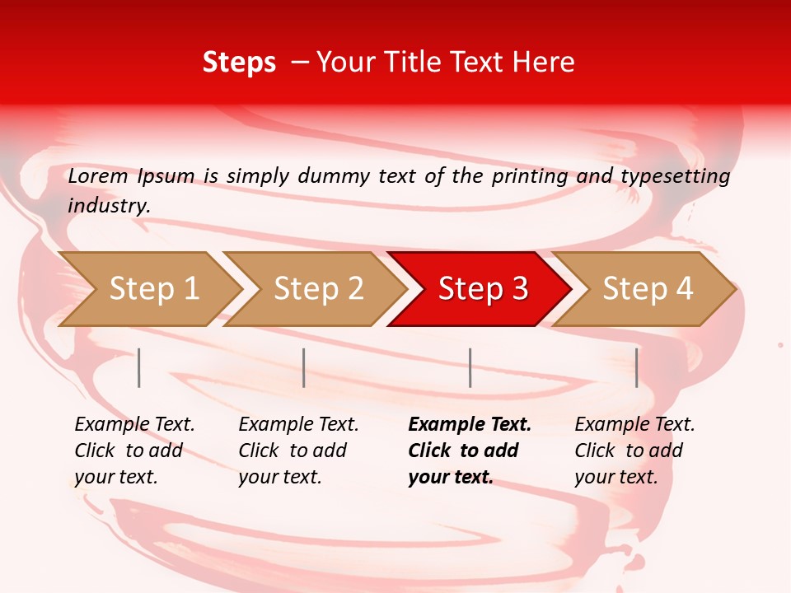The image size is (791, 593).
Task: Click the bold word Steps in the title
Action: (x=239, y=63)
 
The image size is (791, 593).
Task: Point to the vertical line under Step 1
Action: (x=139, y=367)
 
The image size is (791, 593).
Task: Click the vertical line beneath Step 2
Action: (x=304, y=367)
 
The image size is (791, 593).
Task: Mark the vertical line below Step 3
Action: (x=470, y=367)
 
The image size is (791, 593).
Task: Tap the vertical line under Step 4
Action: (x=637, y=367)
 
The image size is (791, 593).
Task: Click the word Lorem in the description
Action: (x=98, y=176)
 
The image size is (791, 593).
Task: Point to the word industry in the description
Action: (x=109, y=206)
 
